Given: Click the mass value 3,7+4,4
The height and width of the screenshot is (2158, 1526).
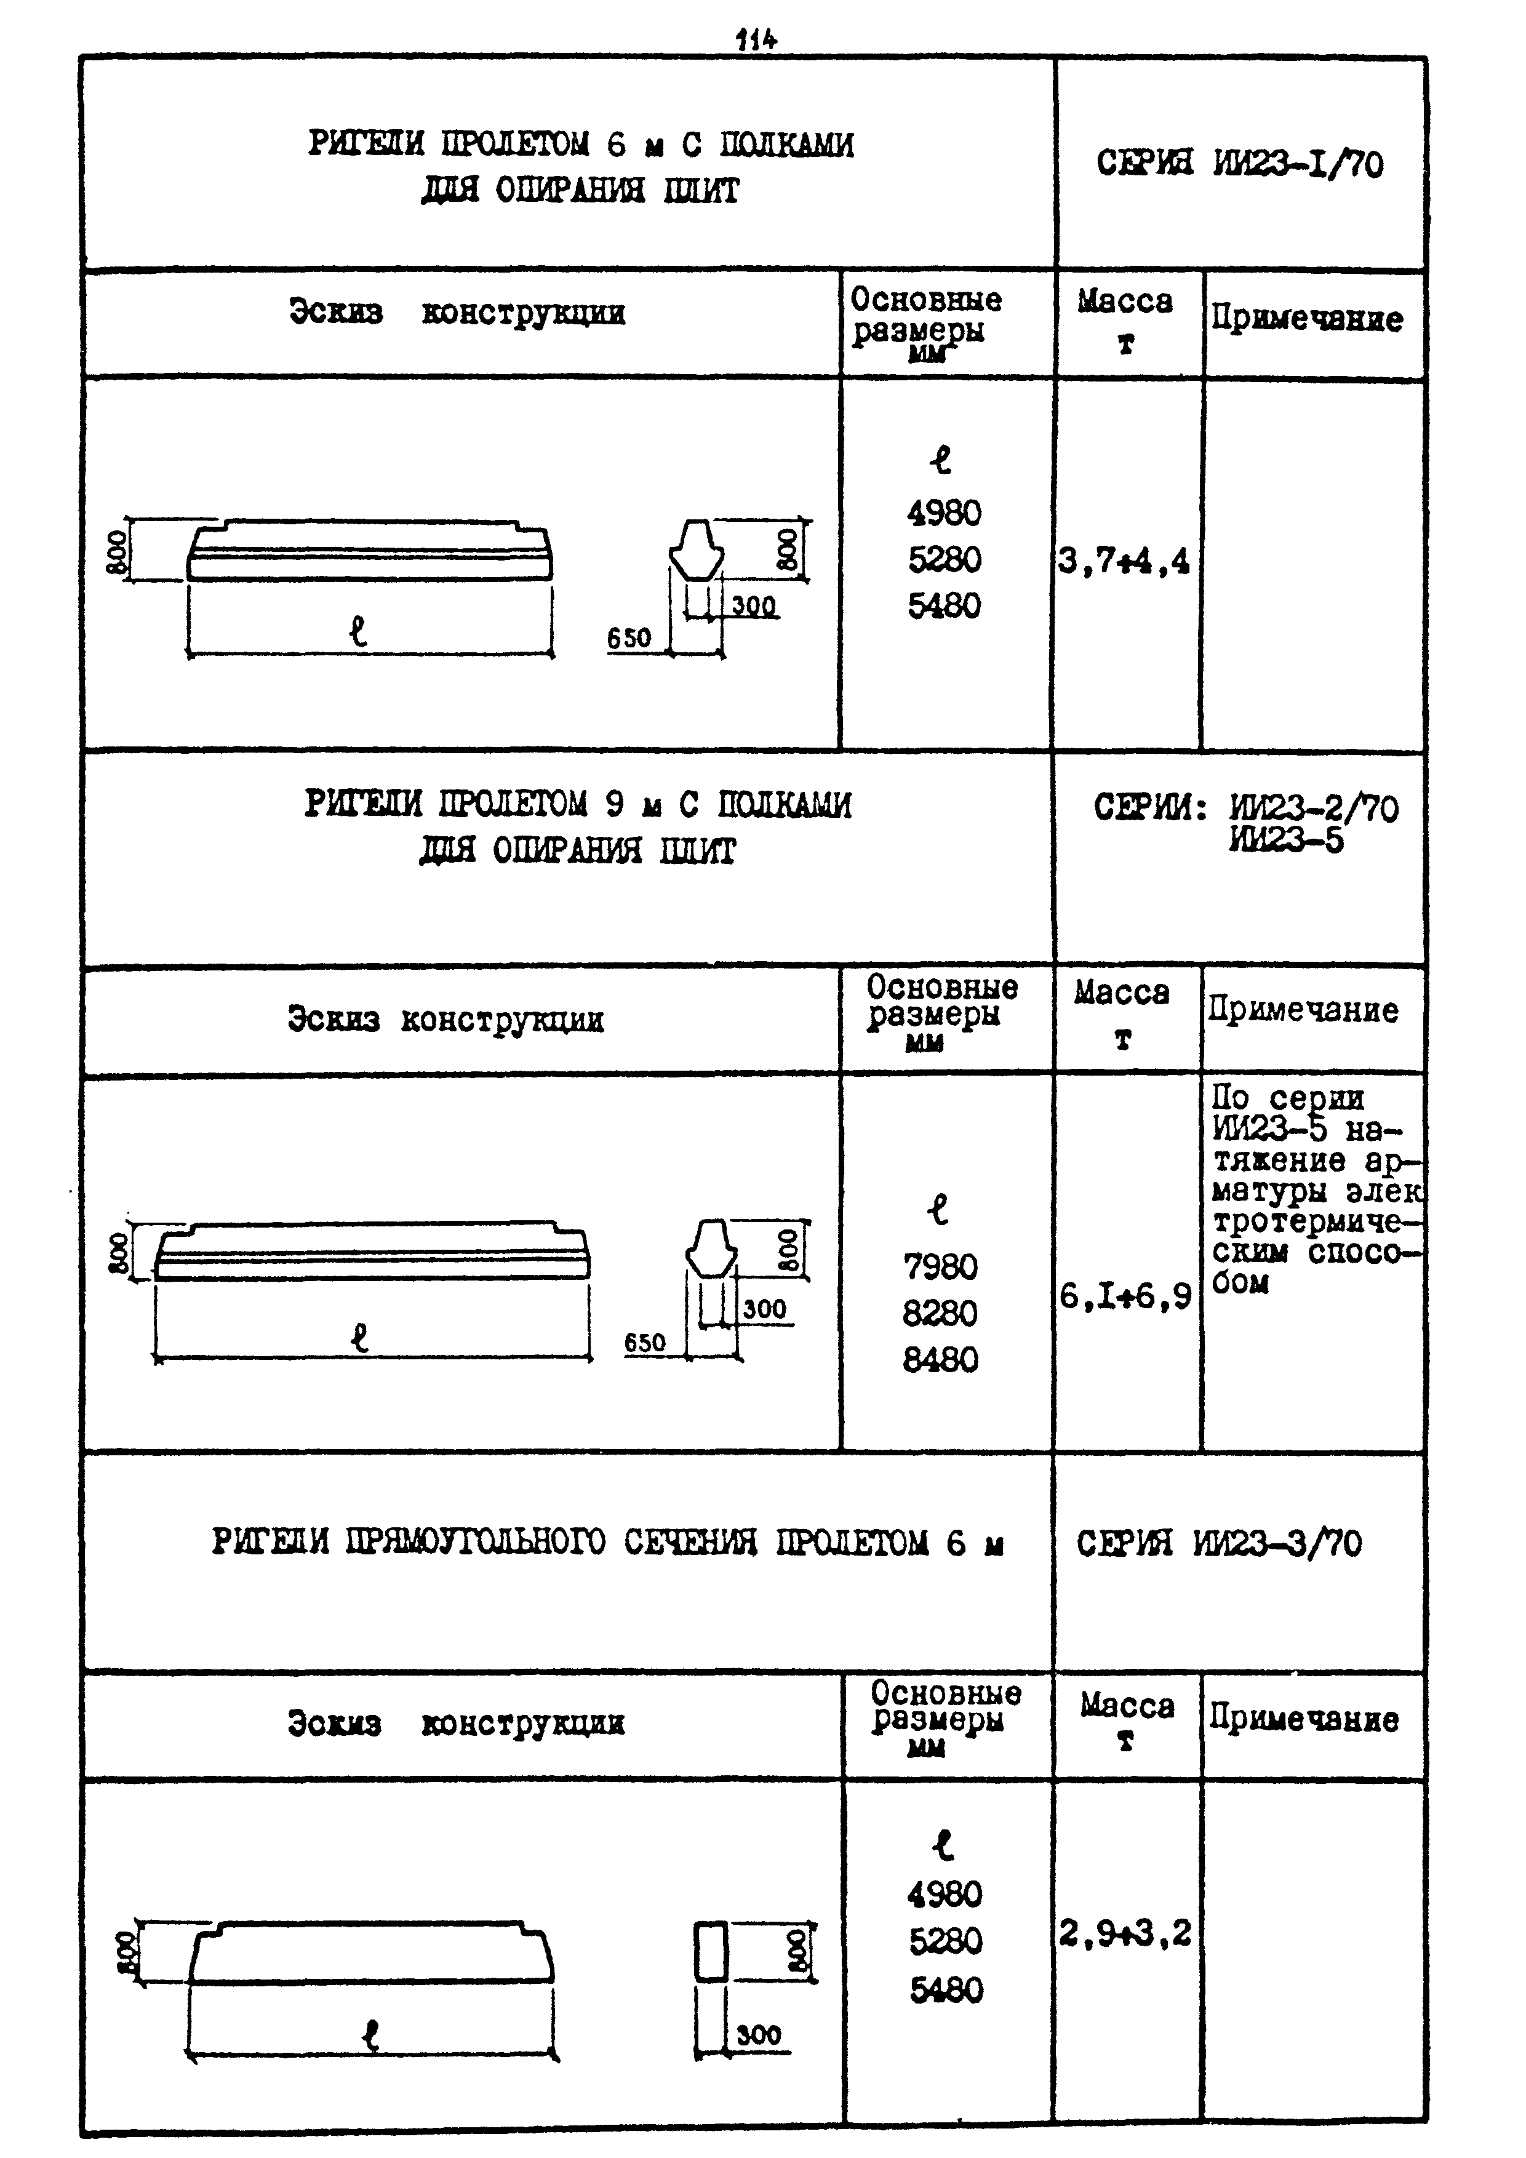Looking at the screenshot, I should point(1124,562).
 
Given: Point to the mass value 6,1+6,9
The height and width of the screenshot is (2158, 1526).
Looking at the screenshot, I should point(1125,1297).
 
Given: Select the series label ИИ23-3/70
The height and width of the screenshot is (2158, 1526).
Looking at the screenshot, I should point(1277,1543).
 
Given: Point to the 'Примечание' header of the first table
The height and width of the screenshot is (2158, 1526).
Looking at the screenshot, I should point(1307,319).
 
